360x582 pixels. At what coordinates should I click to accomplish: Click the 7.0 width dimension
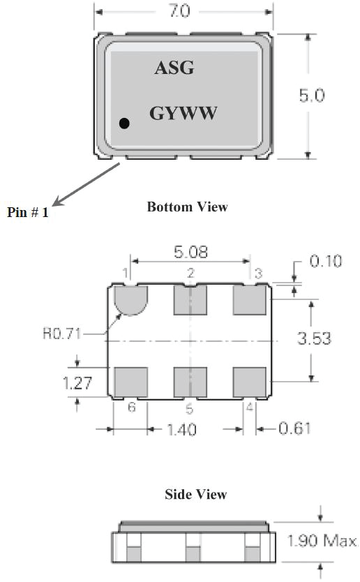click(x=180, y=10)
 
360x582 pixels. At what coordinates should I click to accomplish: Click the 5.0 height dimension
click(x=312, y=96)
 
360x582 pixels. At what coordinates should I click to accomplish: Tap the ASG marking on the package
click(x=174, y=68)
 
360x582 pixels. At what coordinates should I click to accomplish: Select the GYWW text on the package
click(x=183, y=113)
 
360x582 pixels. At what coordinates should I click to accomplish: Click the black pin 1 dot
click(x=124, y=123)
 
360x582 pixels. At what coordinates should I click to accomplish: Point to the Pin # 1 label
click(x=28, y=212)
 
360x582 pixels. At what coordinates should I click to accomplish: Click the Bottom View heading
click(x=188, y=207)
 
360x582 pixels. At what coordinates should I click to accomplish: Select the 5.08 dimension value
click(x=190, y=252)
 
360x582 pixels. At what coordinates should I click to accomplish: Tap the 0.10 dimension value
click(x=326, y=261)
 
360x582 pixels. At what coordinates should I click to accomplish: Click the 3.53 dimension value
click(x=314, y=338)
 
